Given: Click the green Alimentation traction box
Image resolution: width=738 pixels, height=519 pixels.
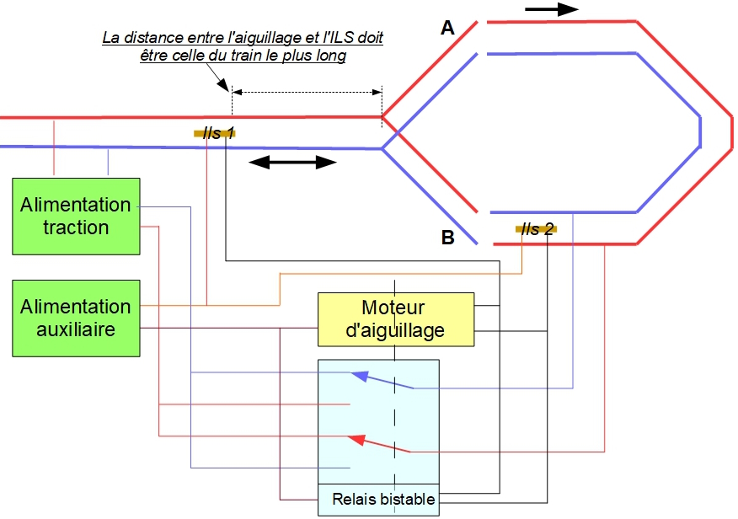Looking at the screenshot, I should [x=76, y=216].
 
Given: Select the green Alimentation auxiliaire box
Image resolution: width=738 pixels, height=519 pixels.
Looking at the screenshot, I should [x=76, y=317].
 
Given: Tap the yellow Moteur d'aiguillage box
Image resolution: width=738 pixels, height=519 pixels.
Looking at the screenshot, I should [x=395, y=319].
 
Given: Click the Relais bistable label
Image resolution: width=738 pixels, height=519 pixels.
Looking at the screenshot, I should [x=383, y=500].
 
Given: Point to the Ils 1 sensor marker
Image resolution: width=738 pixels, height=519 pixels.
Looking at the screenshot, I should [x=214, y=133].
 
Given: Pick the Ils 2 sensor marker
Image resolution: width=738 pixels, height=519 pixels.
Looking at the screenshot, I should [x=536, y=228].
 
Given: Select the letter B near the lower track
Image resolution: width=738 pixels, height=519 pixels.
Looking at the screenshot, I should [x=448, y=238].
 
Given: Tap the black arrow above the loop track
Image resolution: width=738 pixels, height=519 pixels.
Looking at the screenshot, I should [x=552, y=9].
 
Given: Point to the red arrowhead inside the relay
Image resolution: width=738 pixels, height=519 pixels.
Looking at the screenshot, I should [x=357, y=439].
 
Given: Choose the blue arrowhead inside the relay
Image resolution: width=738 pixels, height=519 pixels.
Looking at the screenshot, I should [x=360, y=377].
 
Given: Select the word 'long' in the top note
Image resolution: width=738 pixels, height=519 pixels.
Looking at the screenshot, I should [x=332, y=56].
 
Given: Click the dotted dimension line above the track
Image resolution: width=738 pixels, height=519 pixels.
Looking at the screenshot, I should [x=307, y=90].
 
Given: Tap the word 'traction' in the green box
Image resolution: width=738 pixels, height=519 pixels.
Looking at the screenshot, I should [x=76, y=227].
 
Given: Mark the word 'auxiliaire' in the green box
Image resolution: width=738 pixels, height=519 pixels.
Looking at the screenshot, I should [x=76, y=329].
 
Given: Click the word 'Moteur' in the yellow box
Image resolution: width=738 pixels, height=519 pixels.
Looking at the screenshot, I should [x=393, y=308].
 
